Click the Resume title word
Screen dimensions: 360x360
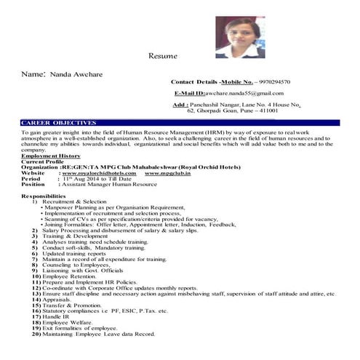[163, 56]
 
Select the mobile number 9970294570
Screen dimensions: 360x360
[271, 82]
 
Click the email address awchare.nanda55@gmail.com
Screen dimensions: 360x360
[244, 93]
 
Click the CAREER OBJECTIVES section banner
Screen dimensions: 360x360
[59, 123]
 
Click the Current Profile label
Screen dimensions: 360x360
[44, 162]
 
